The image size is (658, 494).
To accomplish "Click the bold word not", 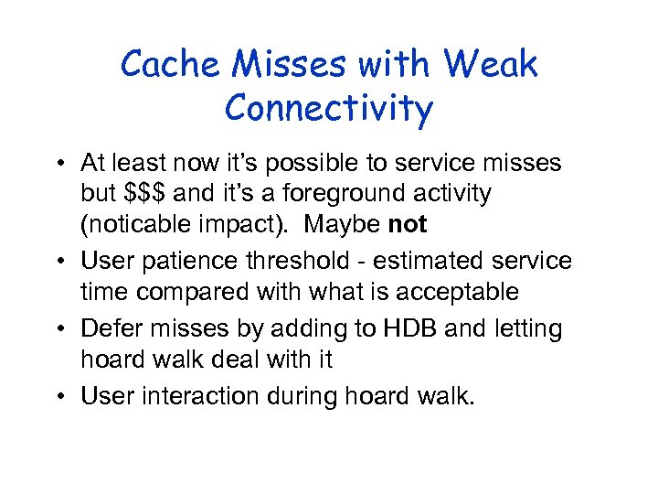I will point(408,225).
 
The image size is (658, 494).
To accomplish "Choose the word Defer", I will point(106,328).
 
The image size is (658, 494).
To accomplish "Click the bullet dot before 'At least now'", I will point(60,164).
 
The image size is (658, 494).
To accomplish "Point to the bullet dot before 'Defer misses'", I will point(60,328).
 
